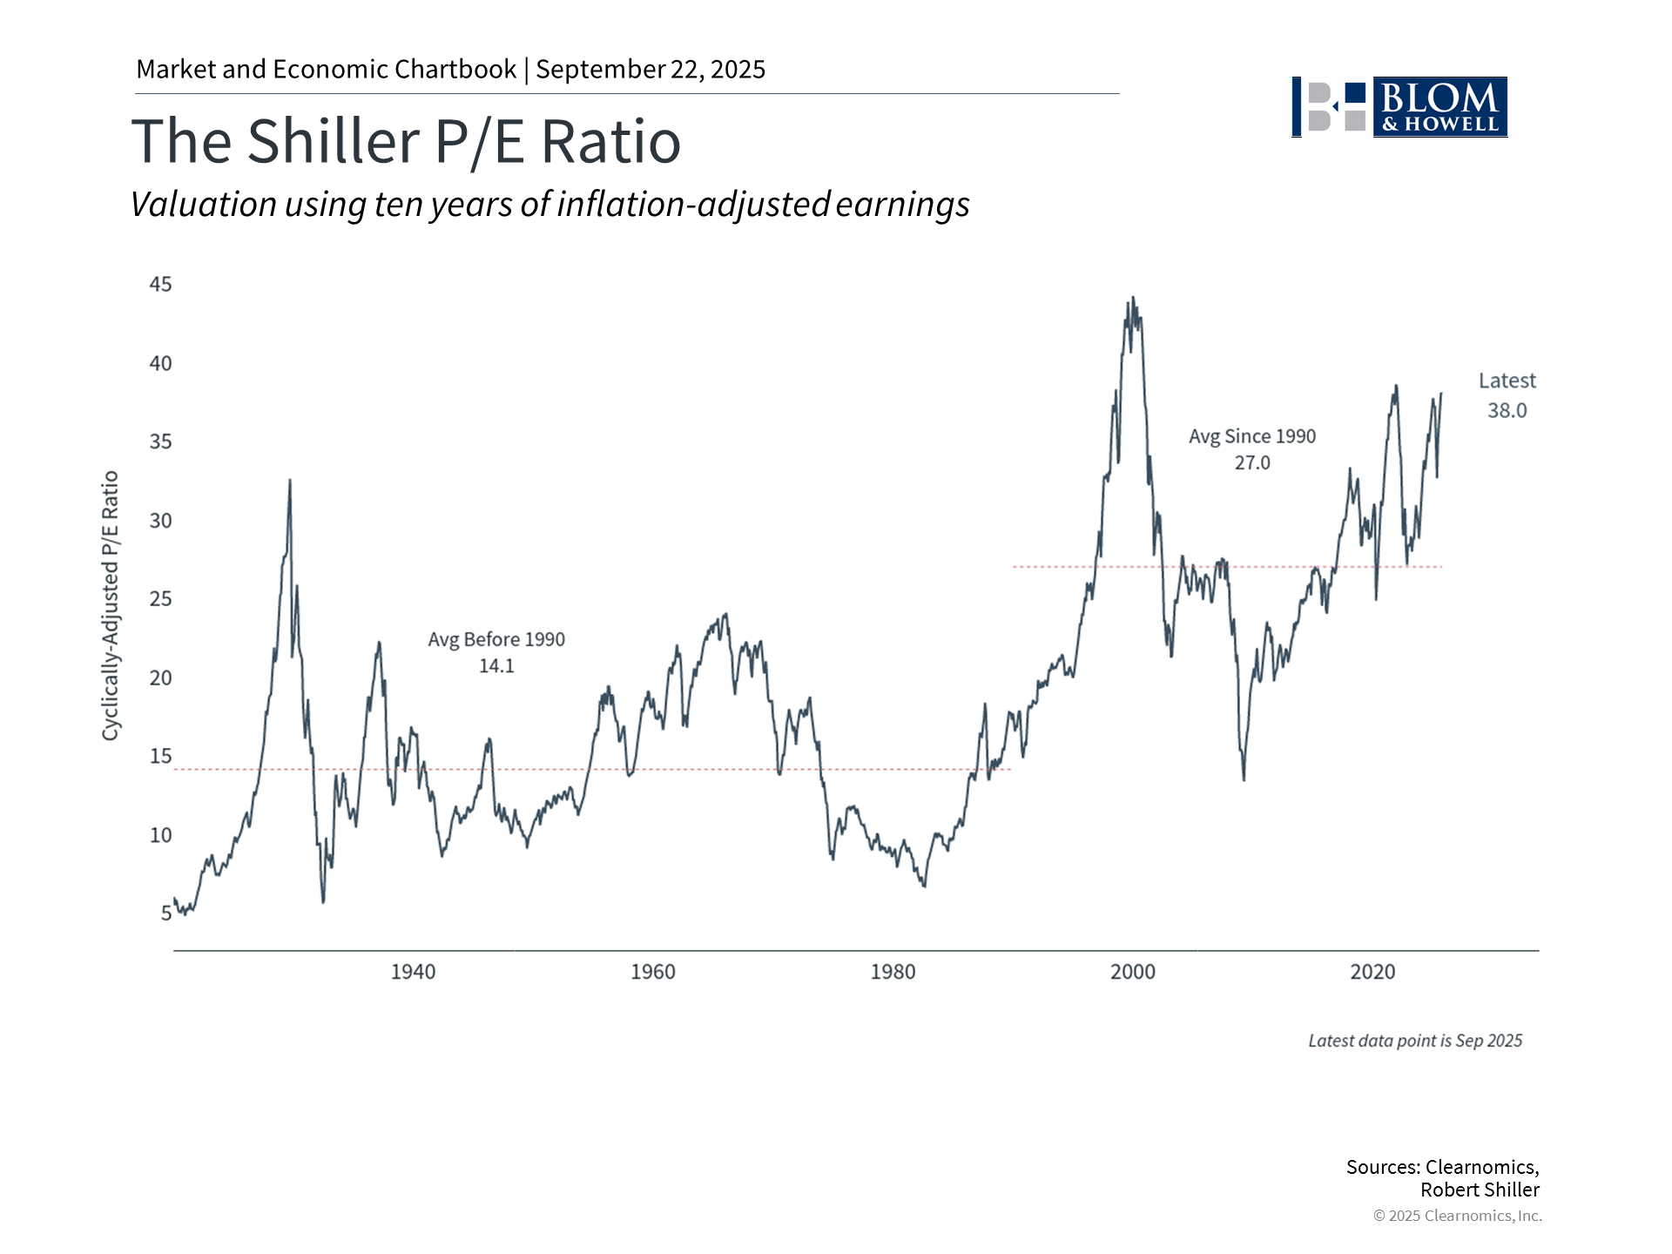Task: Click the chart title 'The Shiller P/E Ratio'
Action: tap(406, 141)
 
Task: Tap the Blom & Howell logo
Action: tap(1399, 107)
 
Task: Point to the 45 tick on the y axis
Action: tap(160, 285)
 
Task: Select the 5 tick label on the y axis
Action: tap(165, 914)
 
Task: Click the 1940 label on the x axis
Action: tap(413, 972)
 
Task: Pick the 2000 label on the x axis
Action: tap(1132, 972)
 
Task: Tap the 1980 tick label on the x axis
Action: tap(893, 972)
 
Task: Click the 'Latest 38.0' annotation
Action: tap(1507, 395)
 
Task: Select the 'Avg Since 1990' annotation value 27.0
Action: tap(1252, 463)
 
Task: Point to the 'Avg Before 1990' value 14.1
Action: tap(496, 666)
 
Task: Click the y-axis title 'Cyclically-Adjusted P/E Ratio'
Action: tap(111, 606)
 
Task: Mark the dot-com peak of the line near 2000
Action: tap(1132, 298)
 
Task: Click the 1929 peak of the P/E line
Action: tap(290, 480)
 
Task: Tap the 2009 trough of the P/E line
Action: tap(1244, 779)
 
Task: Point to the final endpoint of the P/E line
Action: tap(1441, 394)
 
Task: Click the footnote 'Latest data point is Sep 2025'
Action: tap(1415, 1041)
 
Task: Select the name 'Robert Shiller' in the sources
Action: tap(1480, 1190)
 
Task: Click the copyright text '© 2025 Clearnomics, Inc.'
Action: tap(1457, 1216)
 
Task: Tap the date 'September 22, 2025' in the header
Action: tap(651, 70)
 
